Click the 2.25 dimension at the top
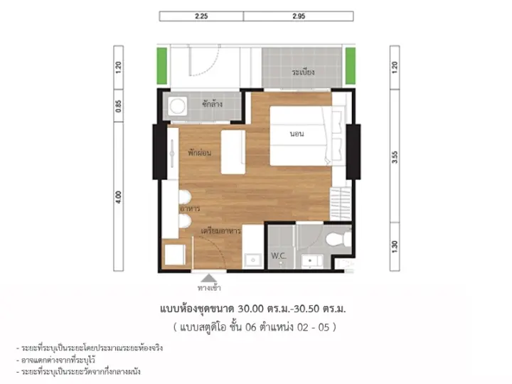201,16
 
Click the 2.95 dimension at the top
299,16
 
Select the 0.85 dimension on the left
118,106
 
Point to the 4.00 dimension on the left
118,197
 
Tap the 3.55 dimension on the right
395,157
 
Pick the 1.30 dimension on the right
395,247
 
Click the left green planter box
161,66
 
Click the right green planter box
351,66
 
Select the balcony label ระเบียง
303,72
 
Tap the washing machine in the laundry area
177,106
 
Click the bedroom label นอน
297,134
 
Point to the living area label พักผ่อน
199,152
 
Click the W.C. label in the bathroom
279,256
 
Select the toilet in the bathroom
338,240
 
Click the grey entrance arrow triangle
209,278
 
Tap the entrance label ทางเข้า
209,288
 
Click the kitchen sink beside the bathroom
252,260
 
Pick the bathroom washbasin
311,261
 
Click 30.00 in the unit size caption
250,309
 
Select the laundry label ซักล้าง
212,104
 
